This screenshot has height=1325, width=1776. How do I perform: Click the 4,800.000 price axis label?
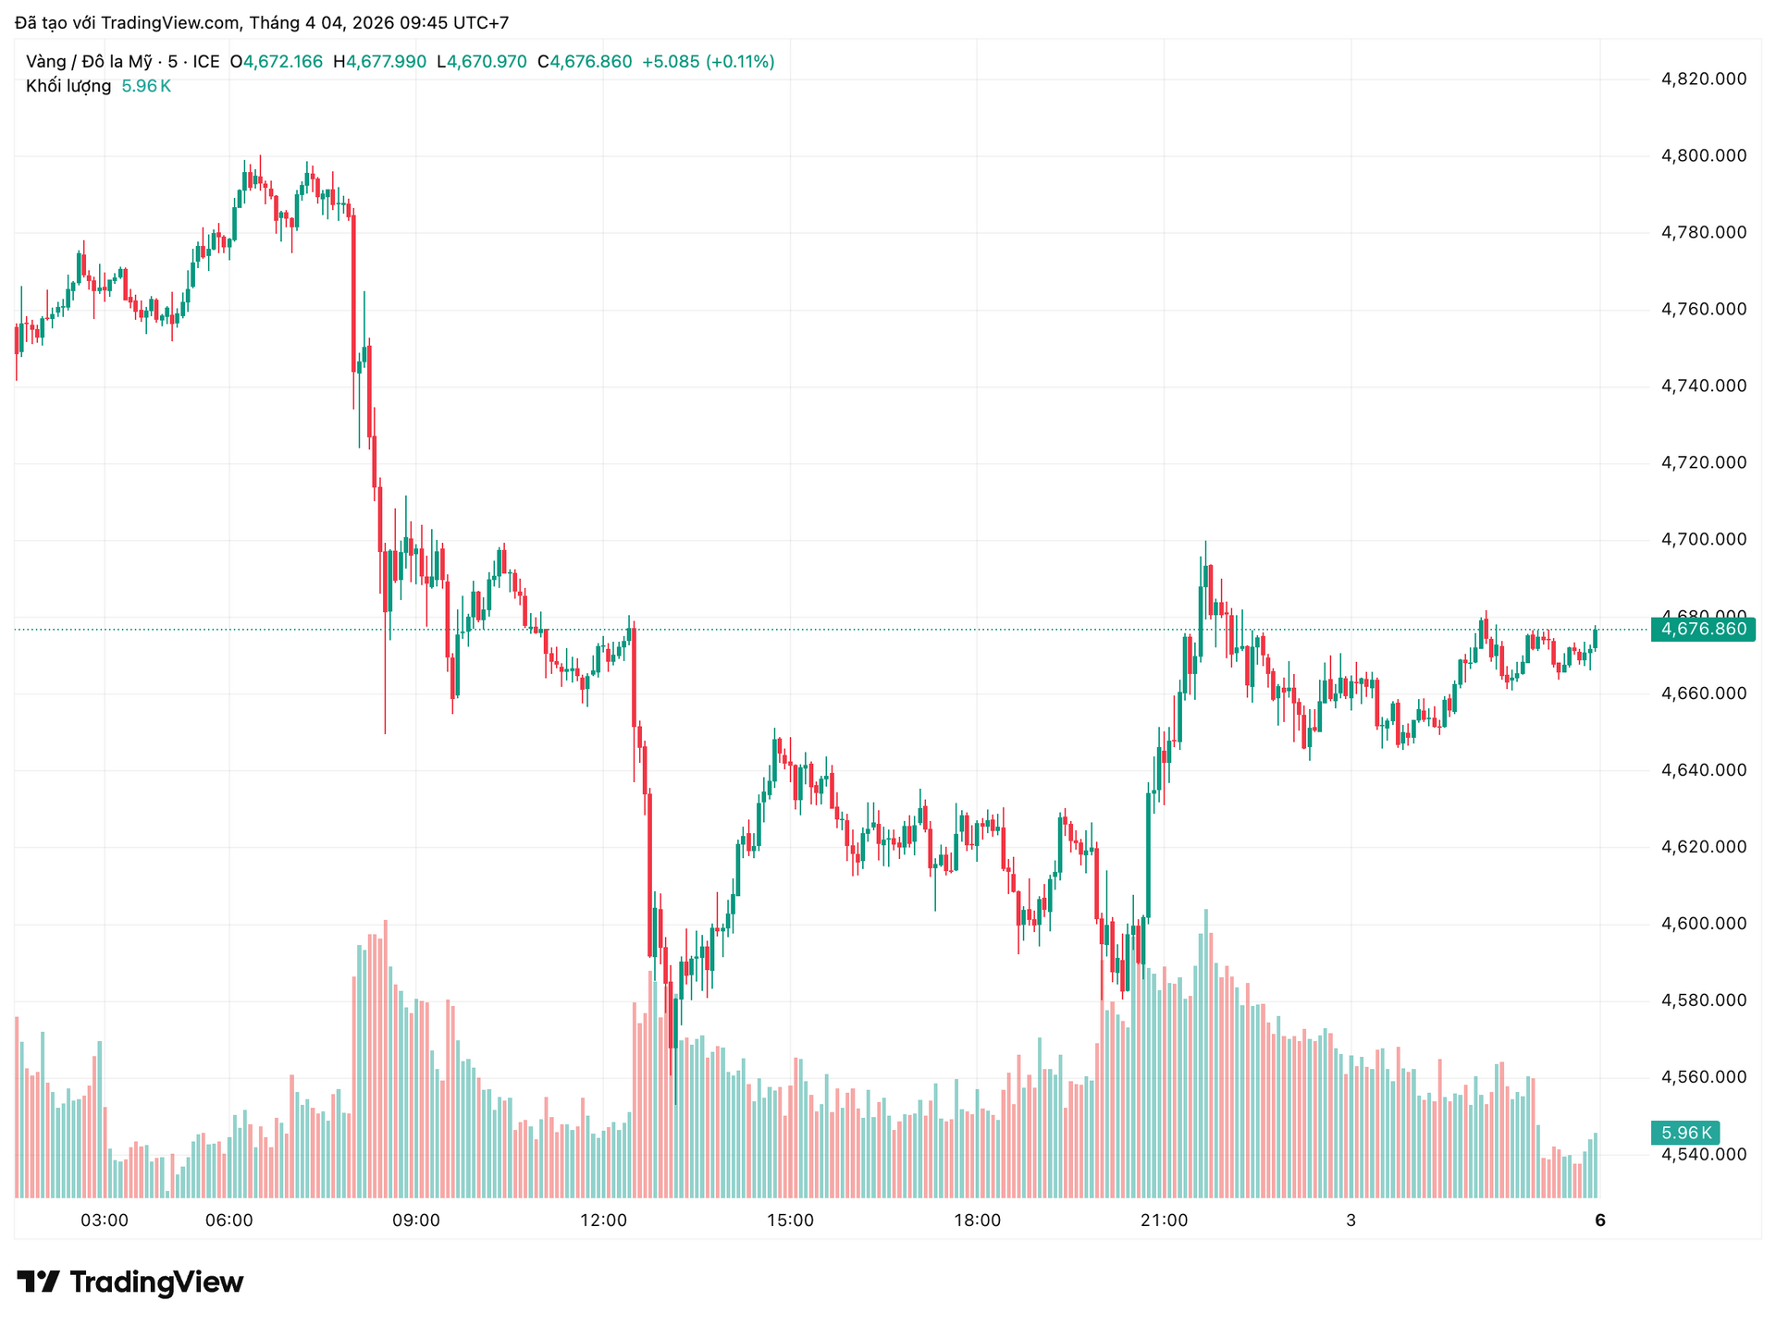pyautogui.click(x=1704, y=155)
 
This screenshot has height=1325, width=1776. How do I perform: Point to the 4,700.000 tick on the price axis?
pyautogui.click(x=1704, y=539)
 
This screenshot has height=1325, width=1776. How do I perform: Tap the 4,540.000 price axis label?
pyautogui.click(x=1704, y=1154)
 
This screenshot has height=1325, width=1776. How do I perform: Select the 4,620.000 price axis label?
pyautogui.click(x=1704, y=846)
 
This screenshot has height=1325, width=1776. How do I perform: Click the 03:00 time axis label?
pyautogui.click(x=105, y=1221)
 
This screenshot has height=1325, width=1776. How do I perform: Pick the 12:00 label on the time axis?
pyautogui.click(x=603, y=1221)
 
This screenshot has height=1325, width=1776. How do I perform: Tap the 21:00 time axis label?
pyautogui.click(x=1164, y=1221)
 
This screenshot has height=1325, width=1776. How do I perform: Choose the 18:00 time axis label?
pyautogui.click(x=977, y=1221)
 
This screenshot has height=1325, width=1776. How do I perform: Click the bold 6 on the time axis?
pyautogui.click(x=1600, y=1221)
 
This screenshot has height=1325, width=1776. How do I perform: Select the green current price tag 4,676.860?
pyautogui.click(x=1703, y=630)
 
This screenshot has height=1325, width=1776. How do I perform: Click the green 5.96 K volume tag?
pyautogui.click(x=1685, y=1133)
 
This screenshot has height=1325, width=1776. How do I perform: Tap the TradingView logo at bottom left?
pyautogui.click(x=130, y=1282)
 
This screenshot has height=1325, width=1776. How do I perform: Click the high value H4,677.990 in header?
pyautogui.click(x=379, y=62)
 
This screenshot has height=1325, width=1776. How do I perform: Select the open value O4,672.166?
pyautogui.click(x=276, y=62)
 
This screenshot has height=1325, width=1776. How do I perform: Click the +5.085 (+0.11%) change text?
pyautogui.click(x=708, y=62)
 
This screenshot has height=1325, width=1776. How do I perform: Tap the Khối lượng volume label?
pyautogui.click(x=68, y=86)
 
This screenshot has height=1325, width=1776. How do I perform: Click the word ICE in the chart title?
pyautogui.click(x=206, y=62)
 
